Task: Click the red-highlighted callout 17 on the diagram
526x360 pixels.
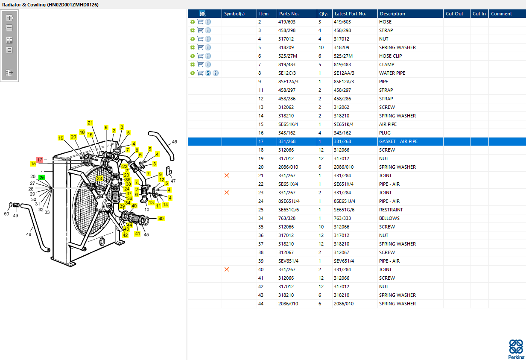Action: pyautogui.click(x=40, y=160)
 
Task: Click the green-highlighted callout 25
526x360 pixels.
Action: pyautogui.click(x=42, y=178)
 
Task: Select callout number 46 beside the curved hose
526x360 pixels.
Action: pyautogui.click(x=175, y=142)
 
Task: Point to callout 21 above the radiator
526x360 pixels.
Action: pyautogui.click(x=90, y=123)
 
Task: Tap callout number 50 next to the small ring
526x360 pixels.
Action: pyautogui.click(x=6, y=214)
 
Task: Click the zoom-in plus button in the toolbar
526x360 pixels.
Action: pyautogui.click(x=9, y=18)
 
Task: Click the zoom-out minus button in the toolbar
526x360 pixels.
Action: pyautogui.click(x=9, y=28)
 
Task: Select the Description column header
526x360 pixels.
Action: pyautogui.click(x=392, y=14)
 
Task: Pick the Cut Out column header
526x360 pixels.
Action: pyautogui.click(x=454, y=14)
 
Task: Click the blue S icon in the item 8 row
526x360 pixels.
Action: pyautogui.click(x=208, y=73)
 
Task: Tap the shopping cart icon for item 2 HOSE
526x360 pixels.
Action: pyautogui.click(x=200, y=22)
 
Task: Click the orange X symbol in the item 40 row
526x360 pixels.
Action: pyautogui.click(x=227, y=269)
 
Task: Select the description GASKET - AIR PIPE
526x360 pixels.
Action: pyautogui.click(x=398, y=141)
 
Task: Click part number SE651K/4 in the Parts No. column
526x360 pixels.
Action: pyautogui.click(x=288, y=124)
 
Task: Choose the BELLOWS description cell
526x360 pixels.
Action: pyautogui.click(x=389, y=218)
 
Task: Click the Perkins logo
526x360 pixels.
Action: pyautogui.click(x=516, y=349)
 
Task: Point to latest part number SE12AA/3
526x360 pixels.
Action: pyautogui.click(x=344, y=73)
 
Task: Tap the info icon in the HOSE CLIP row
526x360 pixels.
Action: pyautogui.click(x=208, y=56)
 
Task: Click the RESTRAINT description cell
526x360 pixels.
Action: pyautogui.click(x=391, y=210)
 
